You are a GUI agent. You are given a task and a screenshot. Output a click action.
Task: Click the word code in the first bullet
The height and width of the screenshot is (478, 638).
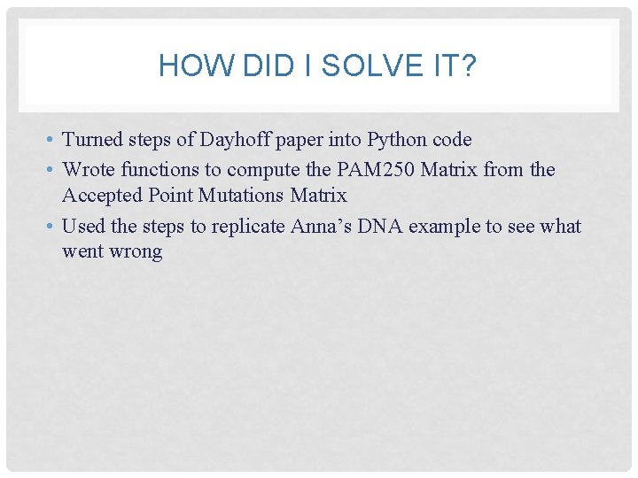tap(452, 140)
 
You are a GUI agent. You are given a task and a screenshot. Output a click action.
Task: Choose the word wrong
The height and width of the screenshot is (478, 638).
tap(135, 251)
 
